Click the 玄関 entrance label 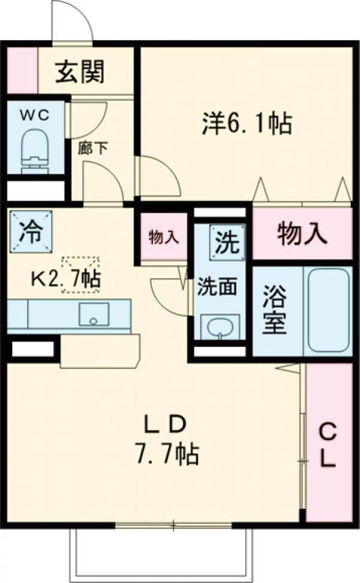pyautogui.click(x=81, y=72)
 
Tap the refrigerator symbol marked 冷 pyautogui.click(x=30, y=230)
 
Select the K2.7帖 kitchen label pyautogui.click(x=66, y=279)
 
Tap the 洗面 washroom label pyautogui.click(x=216, y=287)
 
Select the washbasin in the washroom pyautogui.click(x=219, y=329)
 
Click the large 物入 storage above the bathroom pyautogui.click(x=302, y=233)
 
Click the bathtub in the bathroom pyautogui.click(x=328, y=311)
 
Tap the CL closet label pyautogui.click(x=328, y=446)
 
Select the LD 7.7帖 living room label pyautogui.click(x=163, y=440)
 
